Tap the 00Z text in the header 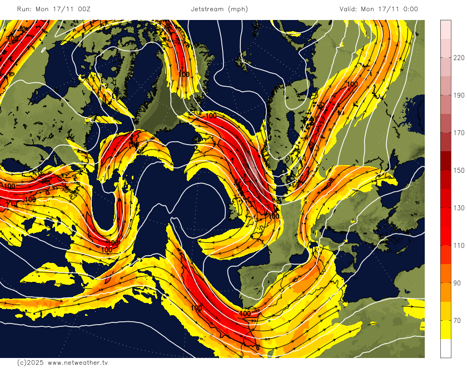(84, 9)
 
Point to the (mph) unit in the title (238, 9)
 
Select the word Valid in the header (348, 9)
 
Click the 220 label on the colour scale (459, 58)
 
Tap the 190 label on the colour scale (459, 96)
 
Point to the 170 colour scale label (459, 133)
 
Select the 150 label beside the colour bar (459, 171)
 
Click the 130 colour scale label (459, 208)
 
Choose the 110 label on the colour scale (459, 245)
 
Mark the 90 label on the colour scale (457, 283)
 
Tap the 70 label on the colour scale (457, 320)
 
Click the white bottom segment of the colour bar (446, 348)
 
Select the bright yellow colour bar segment (446, 330)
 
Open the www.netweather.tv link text (78, 362)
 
